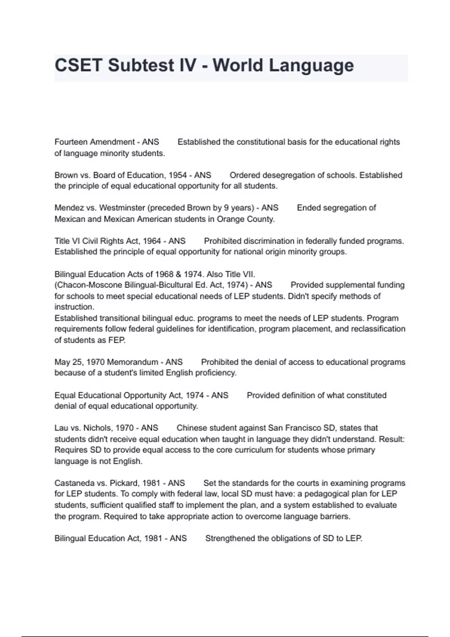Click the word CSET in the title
pos(78,66)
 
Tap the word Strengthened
pos(230,538)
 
